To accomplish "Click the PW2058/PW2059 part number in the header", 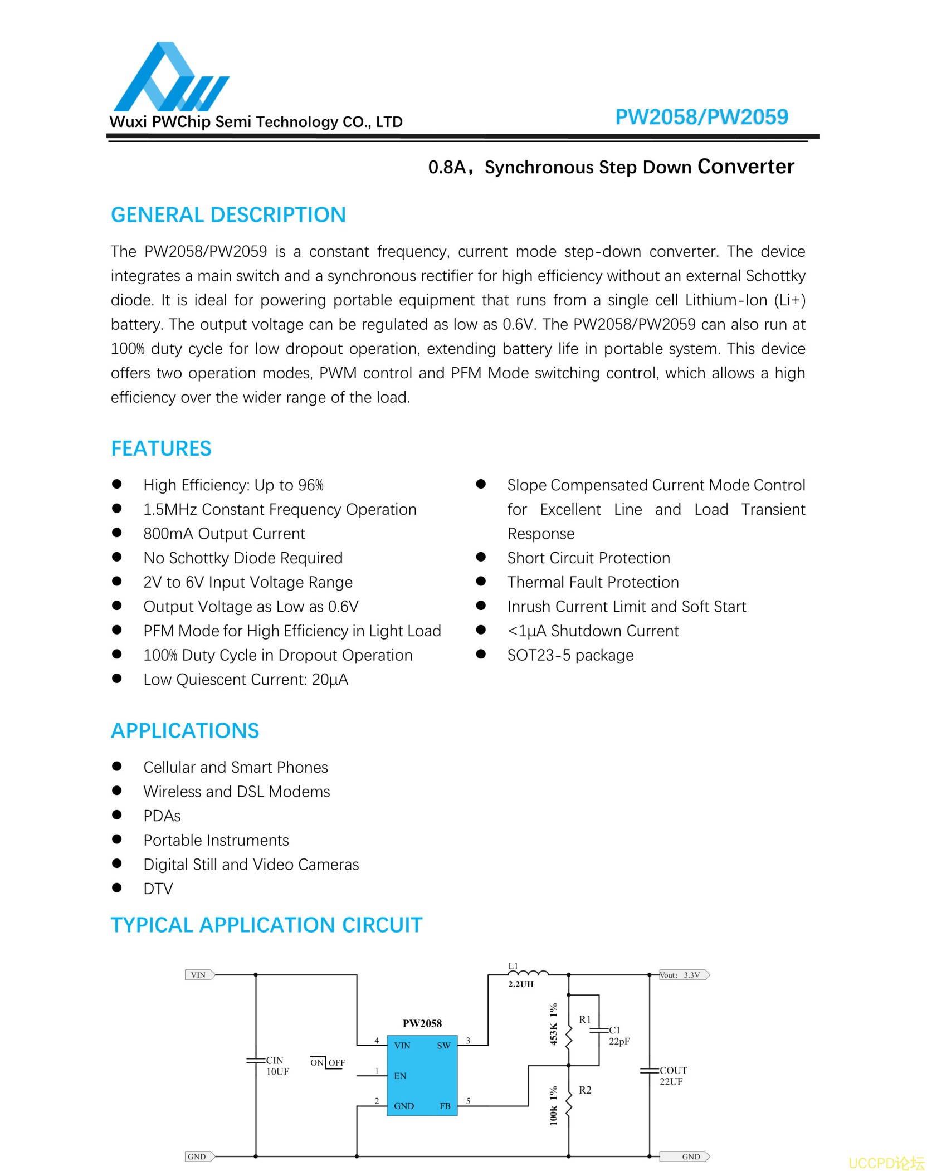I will tap(701, 117).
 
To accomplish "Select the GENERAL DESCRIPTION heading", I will tap(228, 215).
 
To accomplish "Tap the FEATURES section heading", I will tap(161, 448).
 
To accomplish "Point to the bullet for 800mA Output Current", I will tap(117, 533).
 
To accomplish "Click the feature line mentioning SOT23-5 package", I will tap(570, 655).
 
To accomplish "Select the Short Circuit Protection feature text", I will tap(588, 558).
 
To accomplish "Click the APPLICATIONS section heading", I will tap(185, 731).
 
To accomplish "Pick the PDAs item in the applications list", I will tap(162, 816).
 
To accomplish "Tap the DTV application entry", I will tap(158, 889).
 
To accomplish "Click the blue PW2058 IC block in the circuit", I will tap(422, 1075).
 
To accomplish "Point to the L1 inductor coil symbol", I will tap(528, 973).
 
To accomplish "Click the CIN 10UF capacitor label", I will tap(277, 1066).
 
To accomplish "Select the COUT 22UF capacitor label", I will tap(673, 1076).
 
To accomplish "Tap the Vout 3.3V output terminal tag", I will tap(684, 975).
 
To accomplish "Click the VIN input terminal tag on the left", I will tap(199, 975).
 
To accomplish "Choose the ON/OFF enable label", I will tap(328, 1062).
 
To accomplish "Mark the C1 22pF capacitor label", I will tap(618, 1036).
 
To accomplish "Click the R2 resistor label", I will tap(585, 1090).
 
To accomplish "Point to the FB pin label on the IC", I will tap(445, 1106).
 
